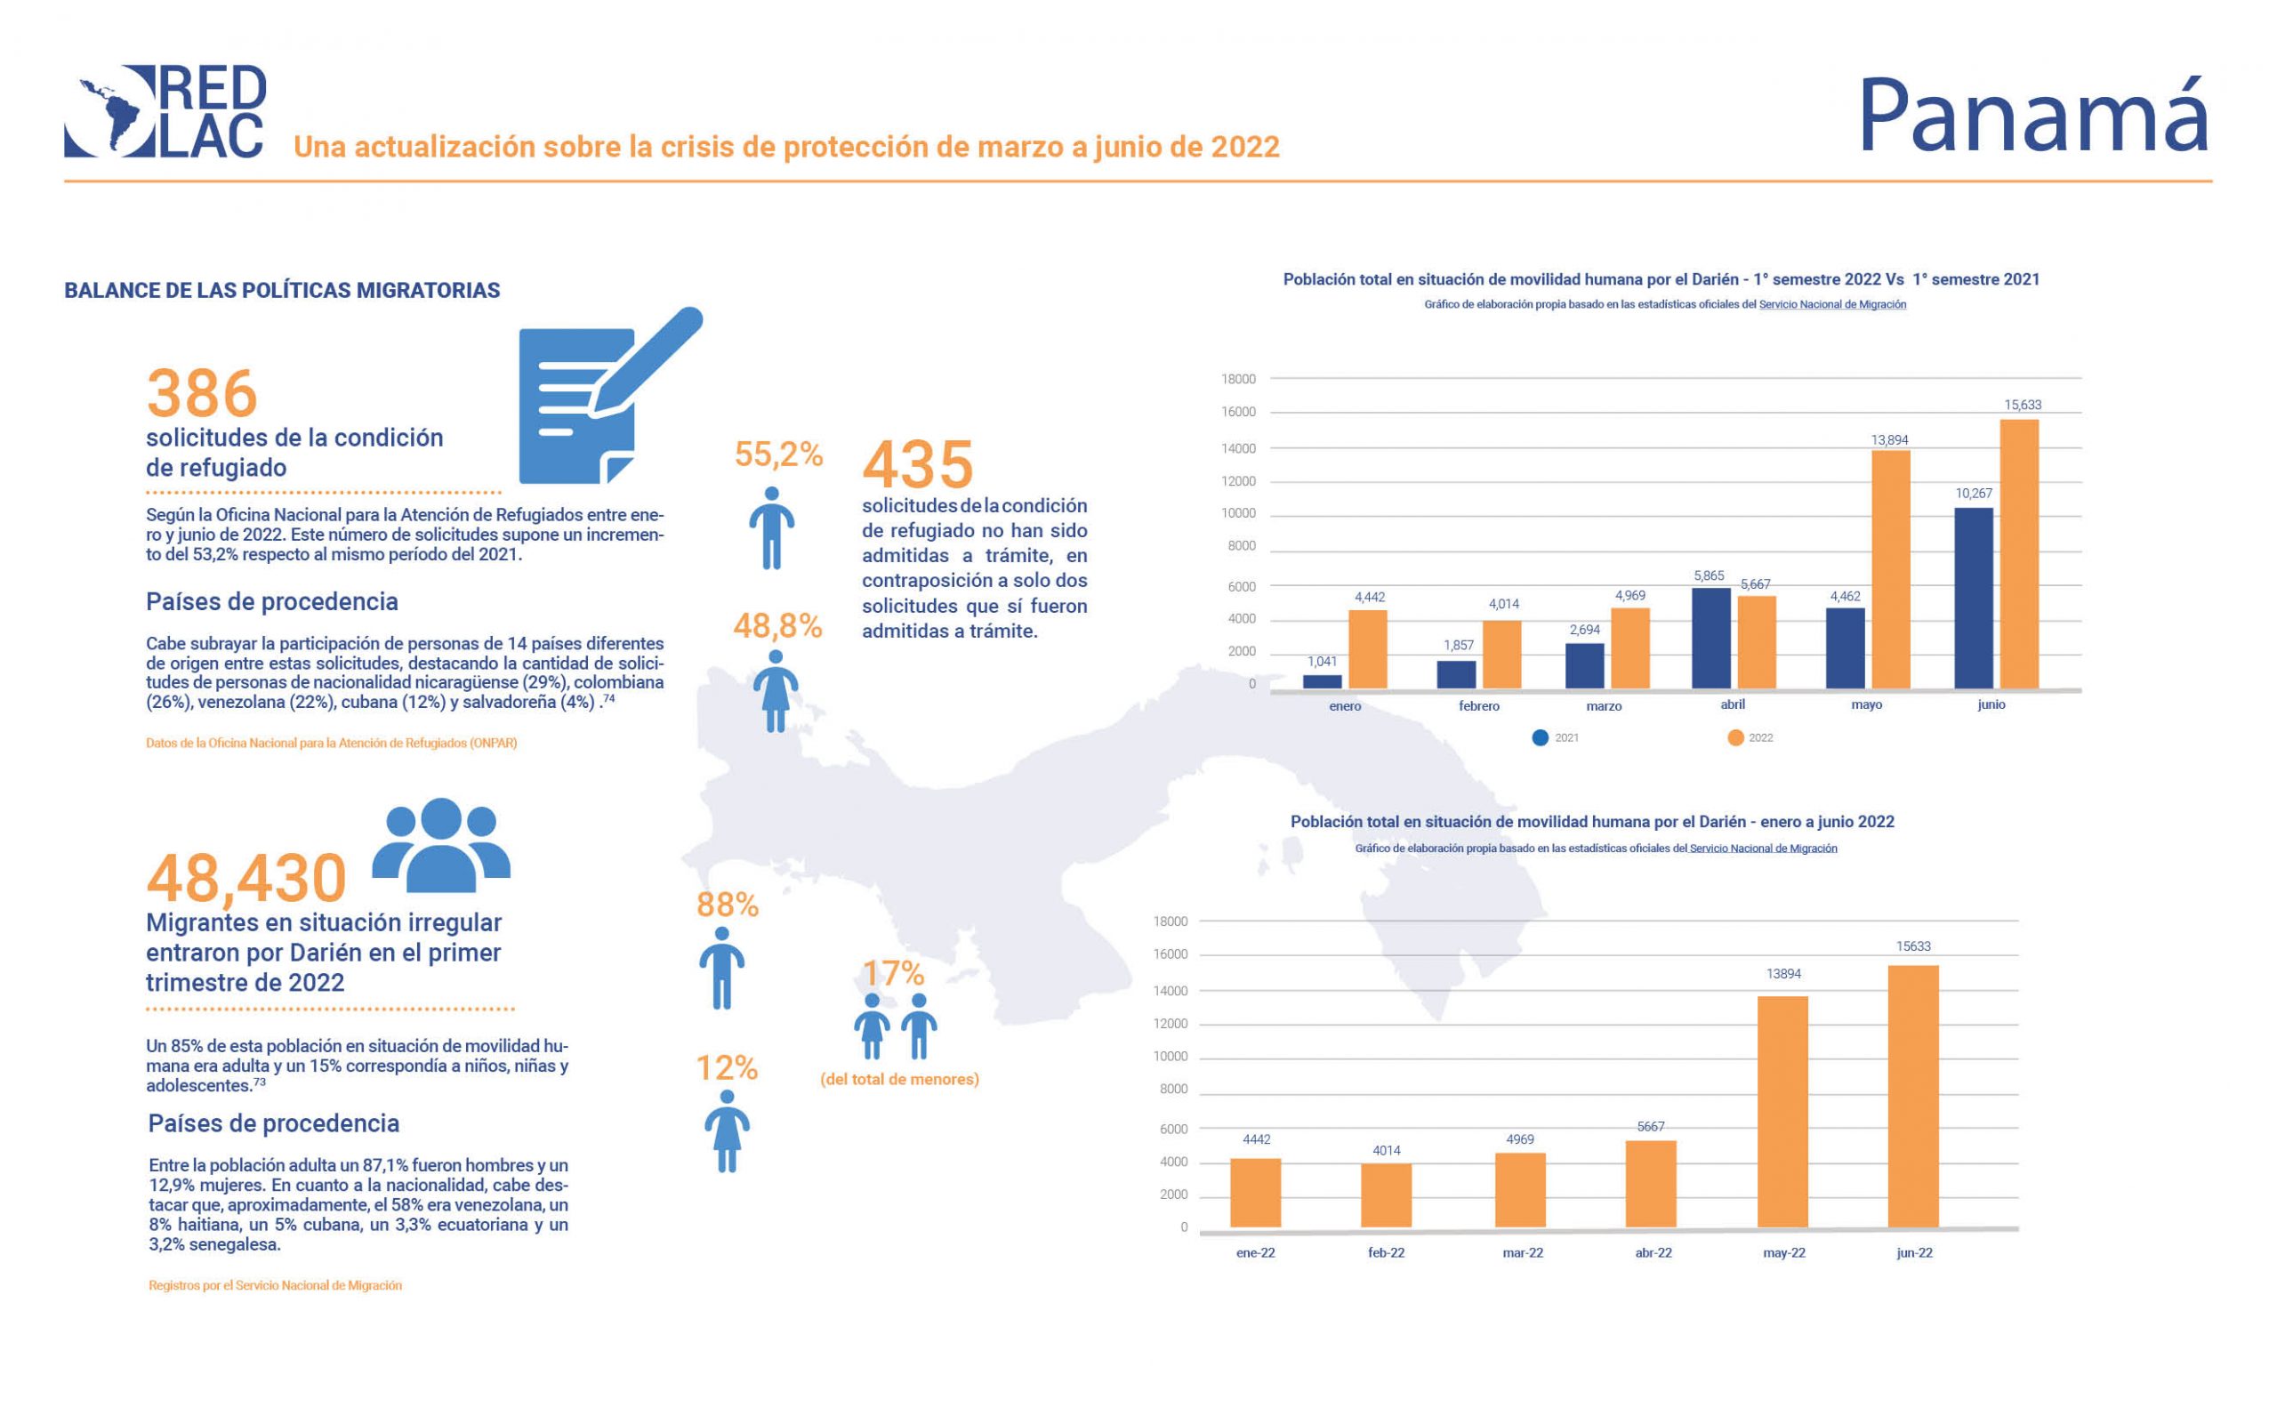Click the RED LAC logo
pos(165,110)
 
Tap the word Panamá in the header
pos(2032,116)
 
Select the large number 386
pos(202,393)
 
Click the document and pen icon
pos(608,397)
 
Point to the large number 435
pos(918,464)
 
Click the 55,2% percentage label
pos(778,455)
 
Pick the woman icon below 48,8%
pos(776,691)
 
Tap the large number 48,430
pos(246,879)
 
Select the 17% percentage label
pos(893,973)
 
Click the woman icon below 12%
pos(727,1131)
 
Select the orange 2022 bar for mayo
pos(1890,570)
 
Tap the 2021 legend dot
pos(1540,738)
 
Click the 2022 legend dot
pos(1735,738)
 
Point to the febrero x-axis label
pos(1478,706)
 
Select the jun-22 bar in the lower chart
pos(1913,1096)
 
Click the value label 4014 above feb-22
pos(1386,1151)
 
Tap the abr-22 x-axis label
pos(1653,1253)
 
